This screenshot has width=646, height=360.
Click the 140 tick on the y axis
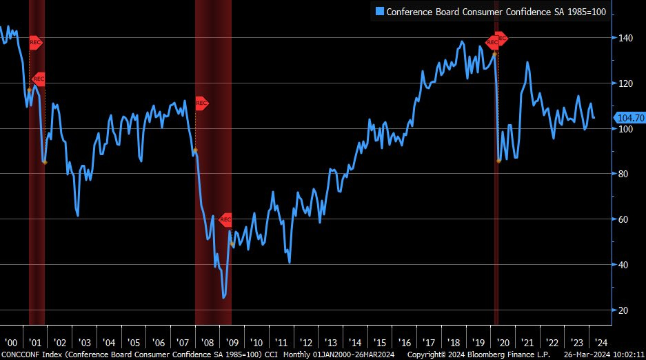coord(624,38)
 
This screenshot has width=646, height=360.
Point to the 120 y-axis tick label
coord(624,83)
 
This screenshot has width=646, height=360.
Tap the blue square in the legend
coord(378,11)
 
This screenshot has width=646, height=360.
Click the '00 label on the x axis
coord(11,343)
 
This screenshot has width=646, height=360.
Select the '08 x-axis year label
coord(208,343)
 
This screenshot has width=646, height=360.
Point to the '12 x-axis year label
coord(305,343)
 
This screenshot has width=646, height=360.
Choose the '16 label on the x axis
coord(404,343)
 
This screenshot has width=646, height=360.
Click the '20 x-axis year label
coord(503,343)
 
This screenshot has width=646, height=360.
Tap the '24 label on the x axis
coord(600,343)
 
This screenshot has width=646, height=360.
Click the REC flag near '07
coord(201,103)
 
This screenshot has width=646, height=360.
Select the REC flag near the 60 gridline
coord(225,220)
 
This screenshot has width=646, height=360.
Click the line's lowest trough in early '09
coord(224,297)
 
